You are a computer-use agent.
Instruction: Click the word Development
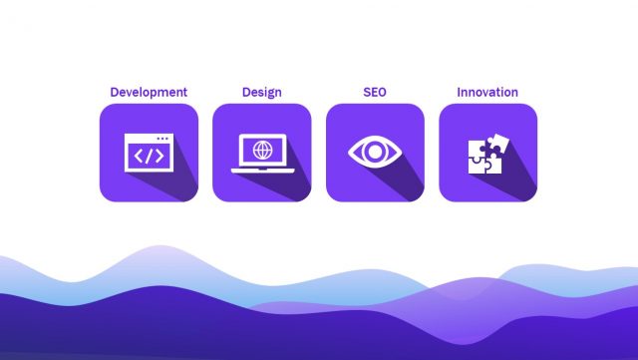click(149, 93)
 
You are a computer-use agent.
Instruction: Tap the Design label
click(261, 93)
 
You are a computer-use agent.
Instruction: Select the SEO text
click(375, 93)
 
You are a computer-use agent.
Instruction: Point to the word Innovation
click(487, 93)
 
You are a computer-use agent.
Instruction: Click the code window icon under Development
click(149, 153)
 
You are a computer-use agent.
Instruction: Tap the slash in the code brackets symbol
click(149, 156)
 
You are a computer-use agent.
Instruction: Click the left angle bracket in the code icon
click(138, 156)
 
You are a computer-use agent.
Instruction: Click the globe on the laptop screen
click(262, 151)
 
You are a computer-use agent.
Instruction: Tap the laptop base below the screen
click(262, 169)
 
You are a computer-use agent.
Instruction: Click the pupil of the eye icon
click(375, 153)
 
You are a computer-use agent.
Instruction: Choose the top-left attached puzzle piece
click(478, 147)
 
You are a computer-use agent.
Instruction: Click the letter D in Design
click(246, 93)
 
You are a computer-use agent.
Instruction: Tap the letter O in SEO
click(384, 93)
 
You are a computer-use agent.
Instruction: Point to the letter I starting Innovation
click(459, 93)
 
